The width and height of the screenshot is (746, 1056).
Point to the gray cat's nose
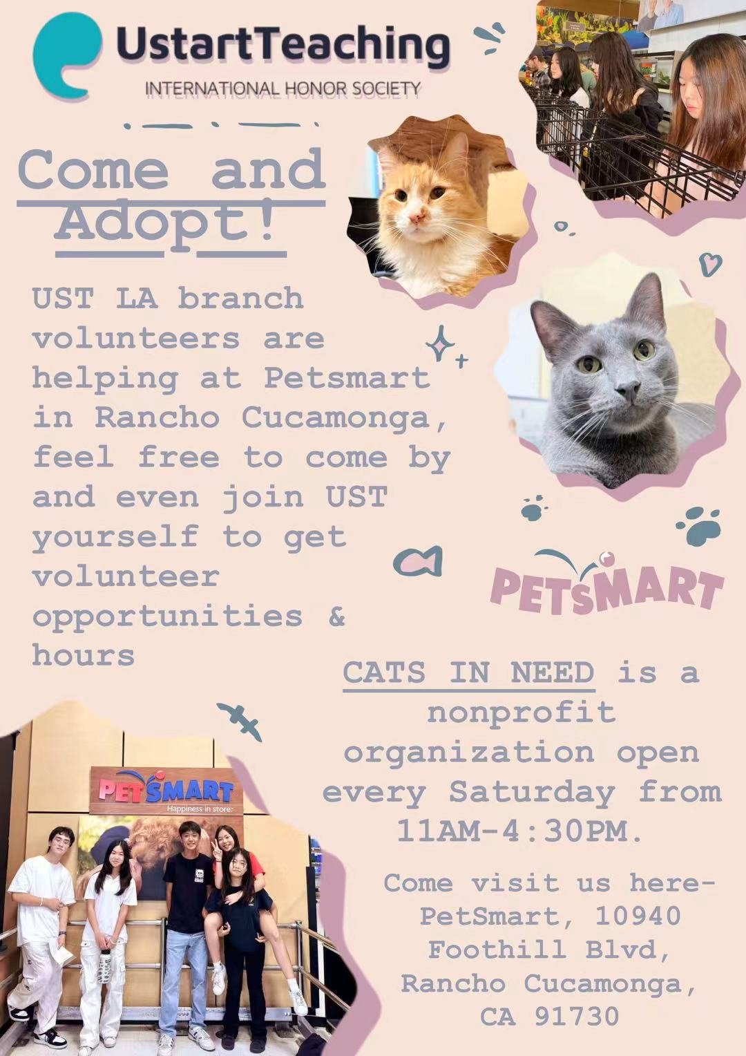click(629, 393)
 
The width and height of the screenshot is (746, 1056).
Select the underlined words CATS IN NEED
click(468, 672)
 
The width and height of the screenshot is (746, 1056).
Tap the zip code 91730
click(576, 1017)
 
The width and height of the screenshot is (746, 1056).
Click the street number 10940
click(638, 916)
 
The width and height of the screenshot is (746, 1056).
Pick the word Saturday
click(531, 792)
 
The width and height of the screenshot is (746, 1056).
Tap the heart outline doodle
click(709, 263)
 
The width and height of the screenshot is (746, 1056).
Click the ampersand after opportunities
click(336, 615)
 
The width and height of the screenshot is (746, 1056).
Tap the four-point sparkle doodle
click(441, 344)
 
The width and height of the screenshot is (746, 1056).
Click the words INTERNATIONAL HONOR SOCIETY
click(283, 88)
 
